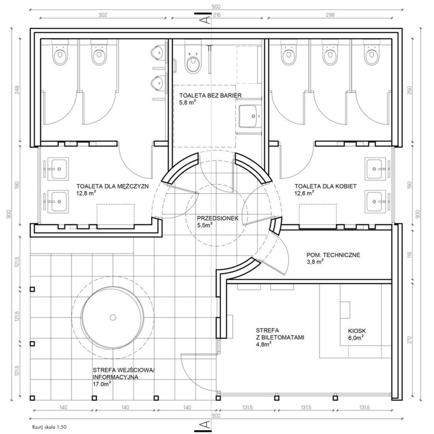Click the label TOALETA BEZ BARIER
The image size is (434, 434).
(x=210, y=96)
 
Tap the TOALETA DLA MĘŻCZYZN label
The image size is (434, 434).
(x=113, y=186)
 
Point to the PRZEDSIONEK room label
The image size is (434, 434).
(x=217, y=218)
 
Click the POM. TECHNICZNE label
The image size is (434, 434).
(x=333, y=255)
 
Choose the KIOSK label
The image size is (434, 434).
(x=357, y=331)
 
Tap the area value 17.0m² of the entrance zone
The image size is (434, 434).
(x=102, y=384)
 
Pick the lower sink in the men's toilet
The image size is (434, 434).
(x=58, y=201)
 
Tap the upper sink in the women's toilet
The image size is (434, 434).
(x=375, y=169)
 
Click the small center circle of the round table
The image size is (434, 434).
(x=113, y=317)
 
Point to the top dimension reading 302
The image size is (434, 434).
(x=103, y=15)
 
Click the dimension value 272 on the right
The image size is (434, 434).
(x=410, y=340)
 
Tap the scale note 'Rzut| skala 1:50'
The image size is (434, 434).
(x=49, y=427)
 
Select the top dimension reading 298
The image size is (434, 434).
(x=330, y=15)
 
